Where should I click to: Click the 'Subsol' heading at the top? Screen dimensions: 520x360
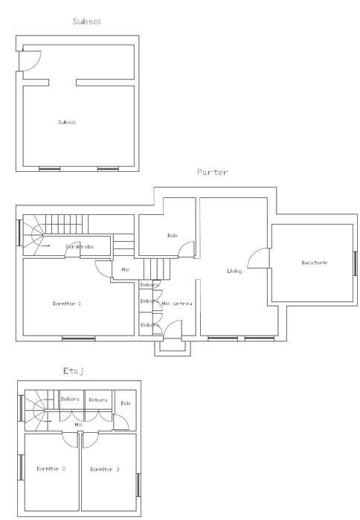(87, 22)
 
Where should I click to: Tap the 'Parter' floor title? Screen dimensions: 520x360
(212, 172)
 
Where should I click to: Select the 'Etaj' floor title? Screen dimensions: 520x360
(73, 370)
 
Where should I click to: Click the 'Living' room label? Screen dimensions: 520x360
(234, 271)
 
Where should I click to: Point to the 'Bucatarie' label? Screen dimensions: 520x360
(315, 263)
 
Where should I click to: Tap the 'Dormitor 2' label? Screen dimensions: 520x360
(51, 469)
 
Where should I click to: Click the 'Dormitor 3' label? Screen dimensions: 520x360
(105, 469)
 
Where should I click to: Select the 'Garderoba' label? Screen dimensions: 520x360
(78, 245)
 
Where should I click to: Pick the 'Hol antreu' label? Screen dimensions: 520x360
(178, 303)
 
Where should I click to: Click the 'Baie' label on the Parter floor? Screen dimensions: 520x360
(172, 235)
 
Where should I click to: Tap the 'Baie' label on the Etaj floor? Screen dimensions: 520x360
(126, 402)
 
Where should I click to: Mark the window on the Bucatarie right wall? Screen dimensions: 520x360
(356, 262)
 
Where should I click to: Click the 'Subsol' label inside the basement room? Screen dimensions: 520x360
(67, 121)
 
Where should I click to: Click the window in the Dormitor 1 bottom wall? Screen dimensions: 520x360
(78, 339)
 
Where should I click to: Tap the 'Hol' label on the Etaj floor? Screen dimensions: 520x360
(78, 424)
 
